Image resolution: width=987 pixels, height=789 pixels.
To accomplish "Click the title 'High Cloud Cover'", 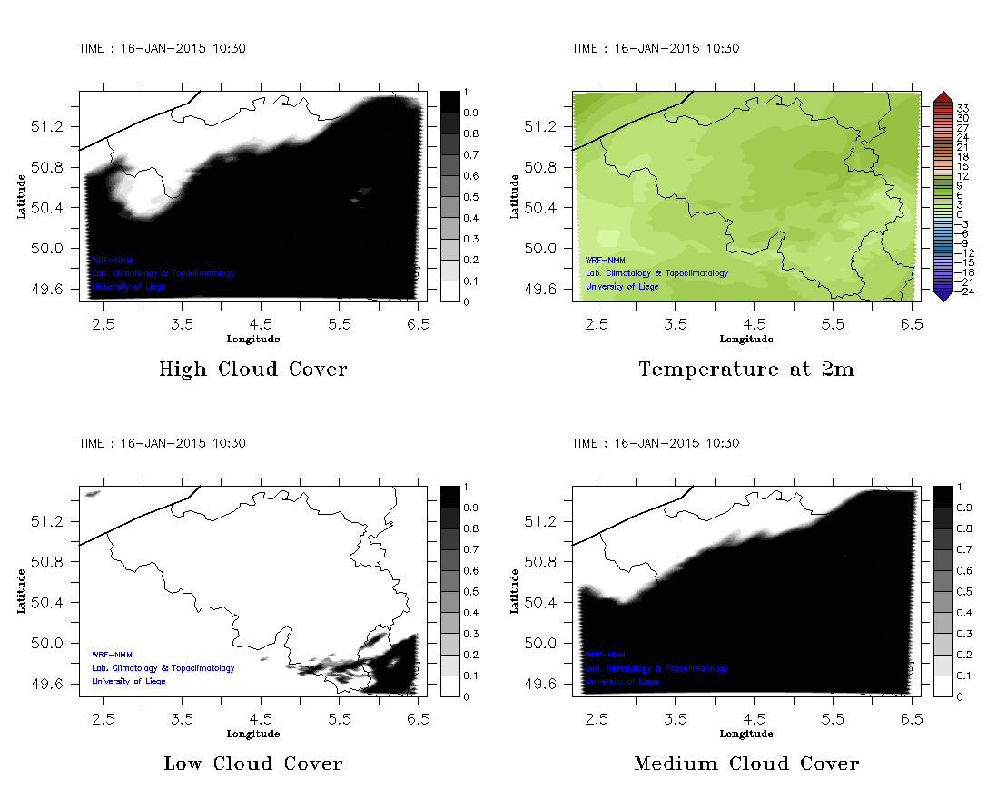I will [x=252, y=370].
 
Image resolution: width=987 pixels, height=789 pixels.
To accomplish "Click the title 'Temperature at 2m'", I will [x=746, y=370].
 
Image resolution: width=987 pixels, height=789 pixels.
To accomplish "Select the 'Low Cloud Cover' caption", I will [x=252, y=764].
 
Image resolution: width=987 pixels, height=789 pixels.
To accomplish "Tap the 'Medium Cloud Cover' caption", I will [x=746, y=764].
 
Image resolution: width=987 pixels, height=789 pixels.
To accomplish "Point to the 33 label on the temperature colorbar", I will [x=964, y=107].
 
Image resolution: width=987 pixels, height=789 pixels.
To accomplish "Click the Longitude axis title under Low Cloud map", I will [x=252, y=734].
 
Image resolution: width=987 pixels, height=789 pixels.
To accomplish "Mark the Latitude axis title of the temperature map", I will [x=514, y=196].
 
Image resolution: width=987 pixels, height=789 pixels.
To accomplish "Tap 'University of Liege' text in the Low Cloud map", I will [x=128, y=681].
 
